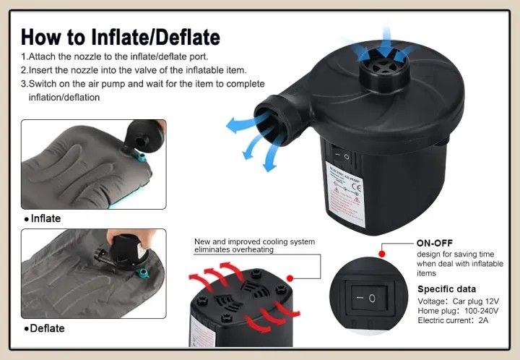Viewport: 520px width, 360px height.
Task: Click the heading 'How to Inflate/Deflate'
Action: pyautogui.click(x=121, y=37)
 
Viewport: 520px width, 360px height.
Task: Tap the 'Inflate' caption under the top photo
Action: pyautogui.click(x=45, y=218)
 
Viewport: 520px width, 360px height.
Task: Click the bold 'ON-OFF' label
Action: pyautogui.click(x=435, y=243)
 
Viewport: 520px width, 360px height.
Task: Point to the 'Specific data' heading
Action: pyautogui.click(x=447, y=289)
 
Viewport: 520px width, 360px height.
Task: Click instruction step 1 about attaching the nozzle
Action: pyautogui.click(x=123, y=56)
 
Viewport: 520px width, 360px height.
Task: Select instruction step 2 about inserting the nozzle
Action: pyautogui.click(x=134, y=70)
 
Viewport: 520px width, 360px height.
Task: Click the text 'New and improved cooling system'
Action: pyautogui.click(x=254, y=241)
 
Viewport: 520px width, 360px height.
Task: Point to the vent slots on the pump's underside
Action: pyautogui.click(x=237, y=297)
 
